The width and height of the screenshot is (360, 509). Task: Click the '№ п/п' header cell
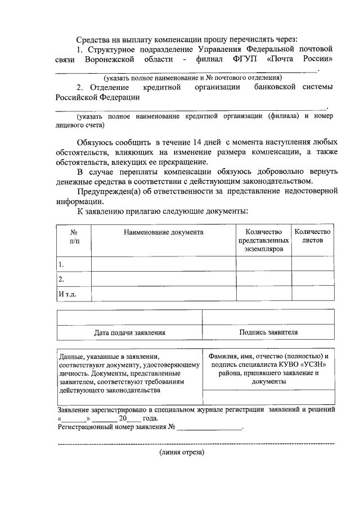click(73, 236)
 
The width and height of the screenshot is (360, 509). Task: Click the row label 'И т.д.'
click(68, 294)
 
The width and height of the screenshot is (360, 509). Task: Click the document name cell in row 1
click(163, 264)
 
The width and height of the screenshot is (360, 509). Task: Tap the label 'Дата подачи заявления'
click(129, 332)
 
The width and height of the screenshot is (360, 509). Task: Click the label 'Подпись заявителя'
click(268, 332)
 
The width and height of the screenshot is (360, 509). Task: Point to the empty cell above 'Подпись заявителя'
click(268, 317)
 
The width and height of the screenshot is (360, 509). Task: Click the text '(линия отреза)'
click(182, 452)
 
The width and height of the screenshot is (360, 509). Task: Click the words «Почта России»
click(304, 58)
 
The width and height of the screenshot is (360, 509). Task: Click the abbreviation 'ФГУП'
click(245, 58)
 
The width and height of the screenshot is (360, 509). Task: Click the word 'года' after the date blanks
click(151, 418)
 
